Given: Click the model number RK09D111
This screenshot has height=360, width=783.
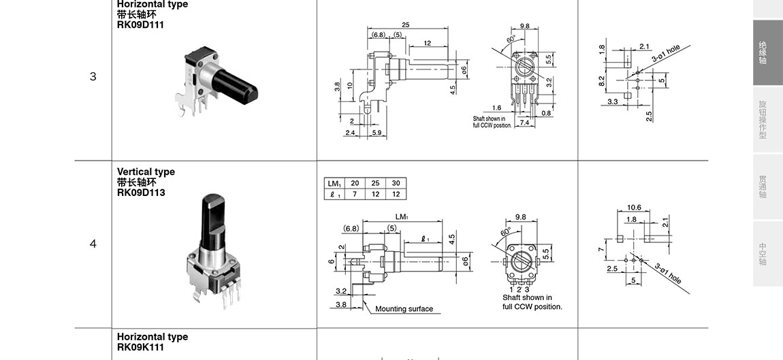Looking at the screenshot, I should [140, 25].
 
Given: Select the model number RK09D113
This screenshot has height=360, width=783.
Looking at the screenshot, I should [141, 193].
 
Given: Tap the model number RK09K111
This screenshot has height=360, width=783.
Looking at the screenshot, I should [141, 347].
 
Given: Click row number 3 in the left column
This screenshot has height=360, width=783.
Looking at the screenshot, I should [93, 76].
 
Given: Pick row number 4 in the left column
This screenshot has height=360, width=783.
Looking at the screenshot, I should [93, 244].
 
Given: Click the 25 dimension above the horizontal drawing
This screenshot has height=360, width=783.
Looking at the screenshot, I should [405, 25].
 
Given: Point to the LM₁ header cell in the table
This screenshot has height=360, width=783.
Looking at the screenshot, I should [334, 184].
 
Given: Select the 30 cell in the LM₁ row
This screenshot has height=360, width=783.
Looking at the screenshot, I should [396, 184].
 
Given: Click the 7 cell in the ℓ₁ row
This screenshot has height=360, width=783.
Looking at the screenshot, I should [355, 194].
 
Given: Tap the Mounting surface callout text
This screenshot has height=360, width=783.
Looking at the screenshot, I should [404, 309].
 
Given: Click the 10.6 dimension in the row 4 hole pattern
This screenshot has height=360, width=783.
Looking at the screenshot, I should [634, 208].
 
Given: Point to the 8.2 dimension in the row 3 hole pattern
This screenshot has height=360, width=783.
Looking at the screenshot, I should [602, 81].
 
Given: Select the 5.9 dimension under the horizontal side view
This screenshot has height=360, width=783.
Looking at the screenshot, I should [377, 133].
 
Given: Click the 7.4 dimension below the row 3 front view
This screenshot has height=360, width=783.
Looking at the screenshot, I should [524, 122].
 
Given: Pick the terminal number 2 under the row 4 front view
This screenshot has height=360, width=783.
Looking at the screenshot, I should [519, 289].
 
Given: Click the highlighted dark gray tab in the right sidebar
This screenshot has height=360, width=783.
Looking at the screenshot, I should [767, 52].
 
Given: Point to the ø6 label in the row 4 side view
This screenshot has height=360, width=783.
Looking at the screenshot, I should [466, 260].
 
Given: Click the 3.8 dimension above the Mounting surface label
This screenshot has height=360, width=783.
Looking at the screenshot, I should [341, 305].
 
